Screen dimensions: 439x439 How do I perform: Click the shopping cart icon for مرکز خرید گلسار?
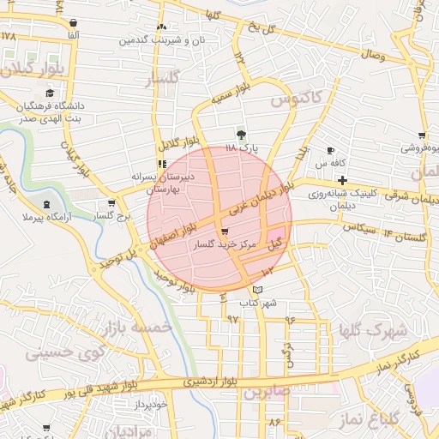point(225,232)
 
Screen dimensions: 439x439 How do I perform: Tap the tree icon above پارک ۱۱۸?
point(241,135)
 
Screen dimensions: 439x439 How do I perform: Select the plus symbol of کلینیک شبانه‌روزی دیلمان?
point(343,180)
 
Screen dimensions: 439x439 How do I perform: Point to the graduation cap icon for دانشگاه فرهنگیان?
point(50,93)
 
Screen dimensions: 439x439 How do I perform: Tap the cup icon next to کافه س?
point(331,151)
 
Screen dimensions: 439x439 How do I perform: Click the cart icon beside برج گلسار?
point(111,204)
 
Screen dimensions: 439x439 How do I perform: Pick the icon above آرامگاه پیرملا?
point(45,205)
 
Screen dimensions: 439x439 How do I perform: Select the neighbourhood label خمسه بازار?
point(138,327)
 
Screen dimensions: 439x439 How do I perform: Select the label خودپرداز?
point(162,402)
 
